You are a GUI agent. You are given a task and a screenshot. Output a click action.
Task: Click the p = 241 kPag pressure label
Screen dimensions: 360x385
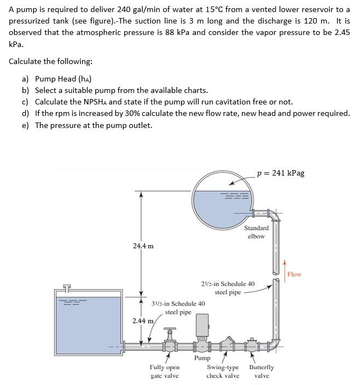280,173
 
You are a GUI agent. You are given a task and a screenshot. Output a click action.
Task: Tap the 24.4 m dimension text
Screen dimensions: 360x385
143,246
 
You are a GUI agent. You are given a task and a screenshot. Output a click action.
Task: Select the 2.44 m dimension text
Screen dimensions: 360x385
142,320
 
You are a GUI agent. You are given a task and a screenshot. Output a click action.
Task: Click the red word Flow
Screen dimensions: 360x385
294,274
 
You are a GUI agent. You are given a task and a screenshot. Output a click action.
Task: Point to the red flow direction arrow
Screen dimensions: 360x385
284,273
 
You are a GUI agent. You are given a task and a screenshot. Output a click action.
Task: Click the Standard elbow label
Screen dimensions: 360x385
256,232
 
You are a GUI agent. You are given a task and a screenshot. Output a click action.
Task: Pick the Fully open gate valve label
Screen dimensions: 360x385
164,371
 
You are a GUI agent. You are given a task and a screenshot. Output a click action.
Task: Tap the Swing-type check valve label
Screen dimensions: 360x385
223,371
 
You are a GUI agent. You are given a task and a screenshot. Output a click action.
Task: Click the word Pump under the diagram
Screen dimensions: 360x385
202,358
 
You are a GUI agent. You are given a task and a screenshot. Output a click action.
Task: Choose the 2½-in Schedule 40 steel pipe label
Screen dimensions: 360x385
228,288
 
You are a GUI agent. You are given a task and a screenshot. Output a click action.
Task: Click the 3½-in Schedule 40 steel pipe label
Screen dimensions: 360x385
178,308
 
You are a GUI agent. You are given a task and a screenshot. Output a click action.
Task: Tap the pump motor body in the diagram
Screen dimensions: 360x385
202,326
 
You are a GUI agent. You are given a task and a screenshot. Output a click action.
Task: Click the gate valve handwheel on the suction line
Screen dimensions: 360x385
169,330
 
